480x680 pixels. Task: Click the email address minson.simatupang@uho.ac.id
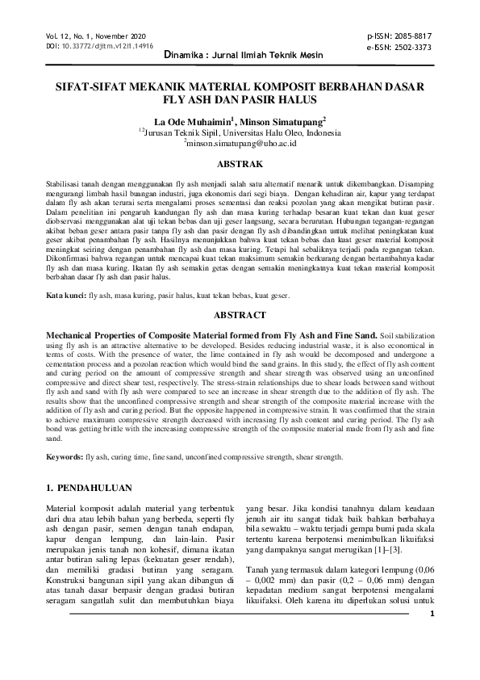242,142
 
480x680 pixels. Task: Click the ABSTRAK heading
240,162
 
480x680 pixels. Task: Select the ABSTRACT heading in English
240,315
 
